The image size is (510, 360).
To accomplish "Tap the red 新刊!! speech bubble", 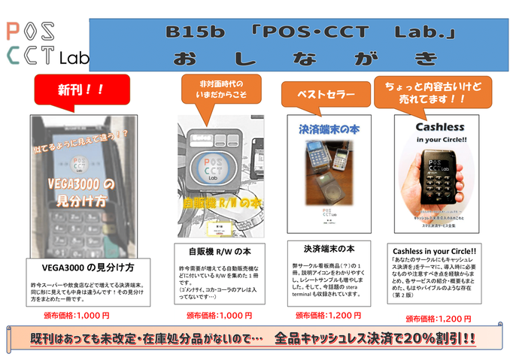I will pos(76,90).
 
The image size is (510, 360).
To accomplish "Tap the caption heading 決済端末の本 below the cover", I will pos(329,248).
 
